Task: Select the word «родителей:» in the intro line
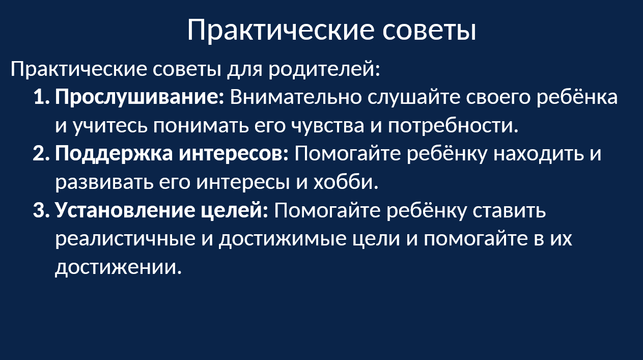click(x=324, y=69)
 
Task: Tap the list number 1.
click(x=42, y=97)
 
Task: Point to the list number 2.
click(x=41, y=154)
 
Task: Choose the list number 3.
click(x=41, y=210)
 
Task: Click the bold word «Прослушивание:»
click(x=139, y=98)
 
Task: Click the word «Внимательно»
click(x=296, y=97)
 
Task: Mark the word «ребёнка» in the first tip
click(x=577, y=97)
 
